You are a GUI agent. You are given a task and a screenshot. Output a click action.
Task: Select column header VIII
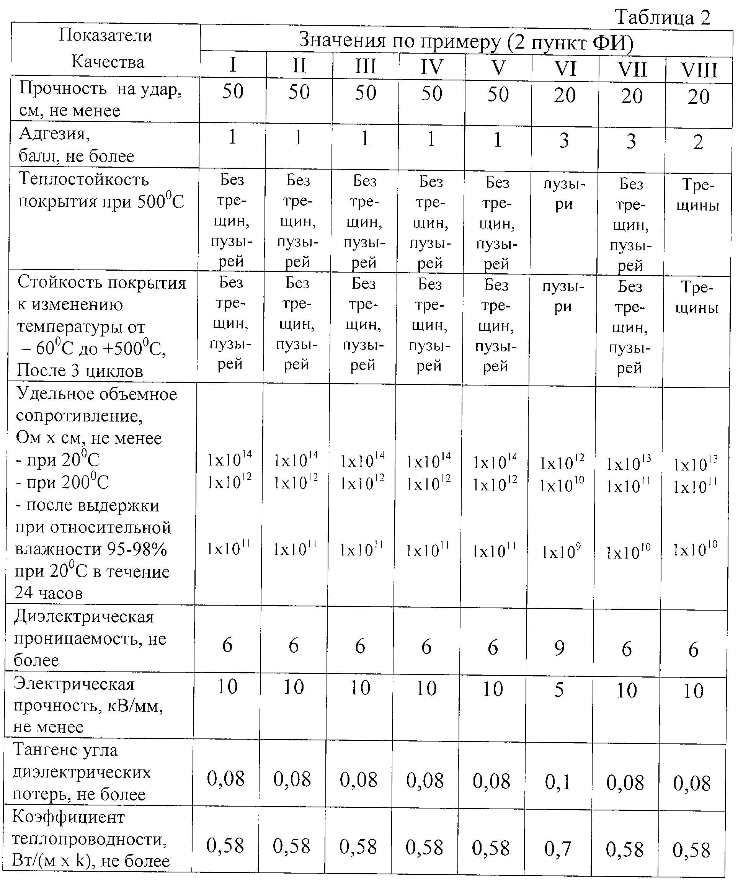tap(699, 70)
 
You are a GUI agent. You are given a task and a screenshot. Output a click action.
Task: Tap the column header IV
tap(431, 67)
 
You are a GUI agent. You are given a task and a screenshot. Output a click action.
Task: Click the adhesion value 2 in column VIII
tap(698, 142)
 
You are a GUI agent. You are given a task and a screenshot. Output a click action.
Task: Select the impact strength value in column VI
tap(565, 95)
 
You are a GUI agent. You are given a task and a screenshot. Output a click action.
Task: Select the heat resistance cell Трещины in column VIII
tap(698, 195)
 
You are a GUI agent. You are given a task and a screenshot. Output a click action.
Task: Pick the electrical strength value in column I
tap(227, 687)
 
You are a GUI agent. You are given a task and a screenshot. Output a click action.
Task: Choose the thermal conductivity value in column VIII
tap(691, 850)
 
